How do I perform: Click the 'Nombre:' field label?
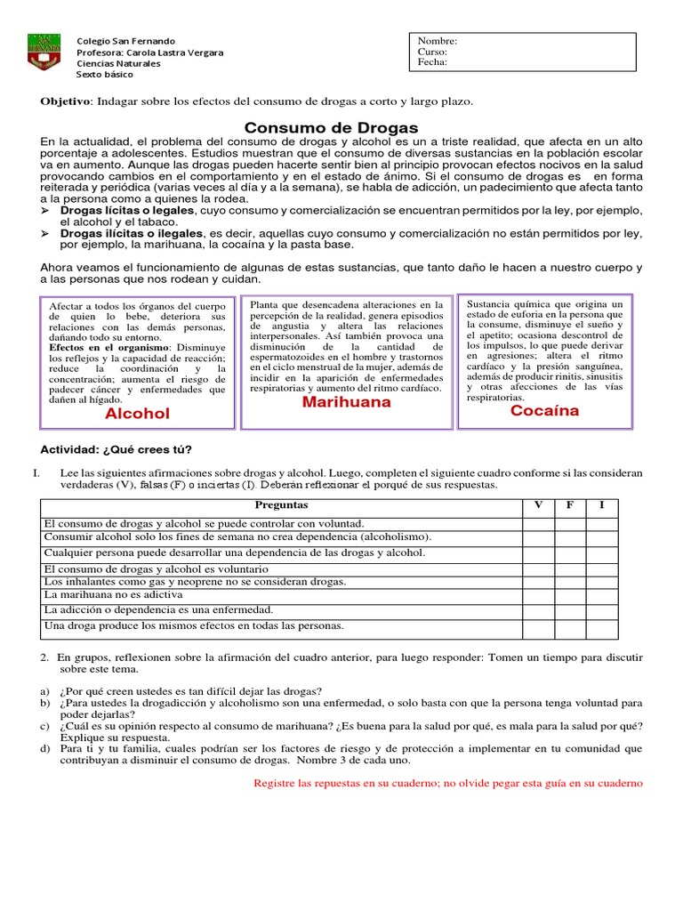437,41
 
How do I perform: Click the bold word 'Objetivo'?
66,101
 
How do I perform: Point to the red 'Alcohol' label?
137,414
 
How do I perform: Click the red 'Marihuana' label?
346,402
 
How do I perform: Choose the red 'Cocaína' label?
544,411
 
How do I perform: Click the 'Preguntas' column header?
281,505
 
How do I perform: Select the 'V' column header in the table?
537,505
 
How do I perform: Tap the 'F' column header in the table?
570,505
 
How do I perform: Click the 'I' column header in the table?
602,505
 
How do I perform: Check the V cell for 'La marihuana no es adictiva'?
537,594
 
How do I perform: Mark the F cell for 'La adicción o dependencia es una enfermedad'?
570,610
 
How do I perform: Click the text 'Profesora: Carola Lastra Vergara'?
150,52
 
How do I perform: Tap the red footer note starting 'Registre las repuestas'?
446,783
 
